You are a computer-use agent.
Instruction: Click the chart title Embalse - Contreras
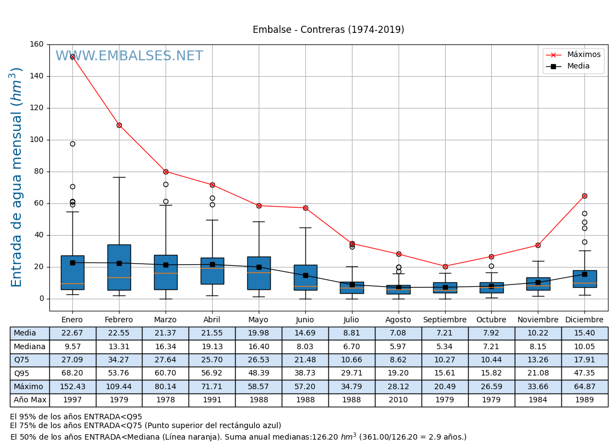tap(328, 30)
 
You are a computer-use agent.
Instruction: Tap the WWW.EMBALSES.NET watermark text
tap(129, 56)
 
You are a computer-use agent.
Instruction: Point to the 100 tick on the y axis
tap(37, 140)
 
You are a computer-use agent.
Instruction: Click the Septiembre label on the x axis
tap(445, 320)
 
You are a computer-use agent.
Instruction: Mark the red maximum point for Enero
tap(72, 57)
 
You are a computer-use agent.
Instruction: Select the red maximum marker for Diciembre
tap(584, 196)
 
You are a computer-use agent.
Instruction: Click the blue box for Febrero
tap(119, 267)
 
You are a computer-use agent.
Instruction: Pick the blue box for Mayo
tap(259, 273)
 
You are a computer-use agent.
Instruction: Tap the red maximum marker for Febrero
tap(119, 125)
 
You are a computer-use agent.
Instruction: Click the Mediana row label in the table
tap(30, 347)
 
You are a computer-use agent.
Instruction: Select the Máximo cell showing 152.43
tap(72, 387)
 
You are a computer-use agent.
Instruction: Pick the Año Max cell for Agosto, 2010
tap(398, 400)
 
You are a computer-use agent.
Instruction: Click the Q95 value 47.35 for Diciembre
tap(584, 373)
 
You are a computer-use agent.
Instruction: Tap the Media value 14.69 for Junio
tap(305, 333)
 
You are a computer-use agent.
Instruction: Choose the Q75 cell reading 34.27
tap(119, 360)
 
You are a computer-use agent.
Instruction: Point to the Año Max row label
tap(30, 400)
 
